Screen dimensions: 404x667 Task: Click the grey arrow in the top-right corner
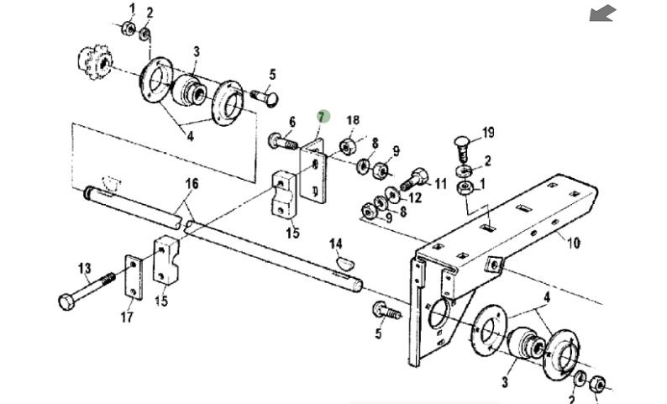[602, 13]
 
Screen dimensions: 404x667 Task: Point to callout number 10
[573, 244]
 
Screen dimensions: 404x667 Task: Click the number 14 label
[336, 244]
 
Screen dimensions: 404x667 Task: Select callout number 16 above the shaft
[192, 184]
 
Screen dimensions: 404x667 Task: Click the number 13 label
[84, 269]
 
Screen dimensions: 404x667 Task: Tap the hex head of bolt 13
[66, 300]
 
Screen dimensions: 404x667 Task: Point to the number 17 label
[127, 317]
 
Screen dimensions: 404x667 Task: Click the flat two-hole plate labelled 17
[132, 276]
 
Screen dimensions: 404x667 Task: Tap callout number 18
[353, 122]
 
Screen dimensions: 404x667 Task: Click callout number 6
[291, 123]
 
